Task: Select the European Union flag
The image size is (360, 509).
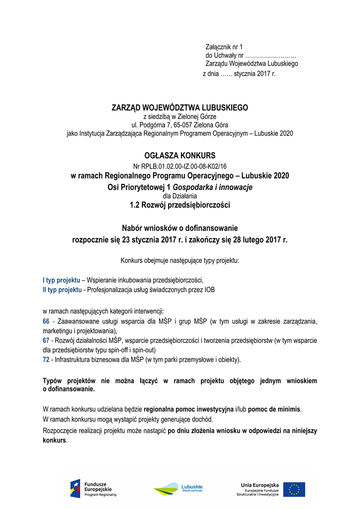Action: [x=294, y=490]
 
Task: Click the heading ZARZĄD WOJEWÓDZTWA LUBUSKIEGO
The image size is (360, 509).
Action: [x=180, y=108]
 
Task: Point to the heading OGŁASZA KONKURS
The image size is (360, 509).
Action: [x=180, y=156]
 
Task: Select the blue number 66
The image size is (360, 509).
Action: [x=46, y=322]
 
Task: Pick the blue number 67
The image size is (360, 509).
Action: [x=46, y=340]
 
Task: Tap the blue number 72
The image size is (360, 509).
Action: [x=46, y=359]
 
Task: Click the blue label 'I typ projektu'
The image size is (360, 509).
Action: [x=61, y=280]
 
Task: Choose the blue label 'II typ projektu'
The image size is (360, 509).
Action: [x=62, y=289]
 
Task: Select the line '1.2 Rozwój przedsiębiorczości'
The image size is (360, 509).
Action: [x=180, y=205]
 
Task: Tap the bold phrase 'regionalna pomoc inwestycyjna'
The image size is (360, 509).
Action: [x=188, y=409]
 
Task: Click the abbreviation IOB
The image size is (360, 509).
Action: [x=209, y=289]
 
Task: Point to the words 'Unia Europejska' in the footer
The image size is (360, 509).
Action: [x=260, y=485]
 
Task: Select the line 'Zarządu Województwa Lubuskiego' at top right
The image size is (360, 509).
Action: [x=252, y=64]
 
